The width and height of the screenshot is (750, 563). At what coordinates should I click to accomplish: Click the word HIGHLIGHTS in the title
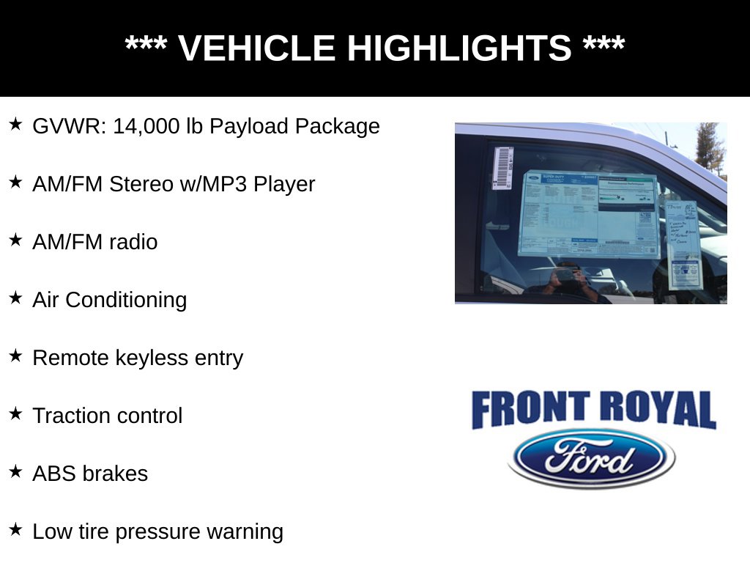pos(458,48)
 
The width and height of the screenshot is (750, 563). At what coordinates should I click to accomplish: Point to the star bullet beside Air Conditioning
pos(16,298)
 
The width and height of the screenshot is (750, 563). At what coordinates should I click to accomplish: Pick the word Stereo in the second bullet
pos(141,184)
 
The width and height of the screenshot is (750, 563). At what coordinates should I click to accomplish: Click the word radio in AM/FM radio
pos(133,242)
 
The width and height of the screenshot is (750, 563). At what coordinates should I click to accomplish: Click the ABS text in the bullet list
pos(54,474)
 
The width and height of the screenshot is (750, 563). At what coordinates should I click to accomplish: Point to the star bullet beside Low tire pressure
pos(16,529)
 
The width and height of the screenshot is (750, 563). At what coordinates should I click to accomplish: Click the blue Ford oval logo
pos(591,458)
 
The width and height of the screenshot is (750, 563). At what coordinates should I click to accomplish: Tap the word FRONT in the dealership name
pos(530,410)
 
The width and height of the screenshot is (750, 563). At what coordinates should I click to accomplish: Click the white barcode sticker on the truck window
pos(502,168)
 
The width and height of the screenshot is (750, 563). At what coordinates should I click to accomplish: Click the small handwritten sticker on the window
pos(683,242)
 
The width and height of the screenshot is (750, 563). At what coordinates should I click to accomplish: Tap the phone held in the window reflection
pos(565,275)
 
